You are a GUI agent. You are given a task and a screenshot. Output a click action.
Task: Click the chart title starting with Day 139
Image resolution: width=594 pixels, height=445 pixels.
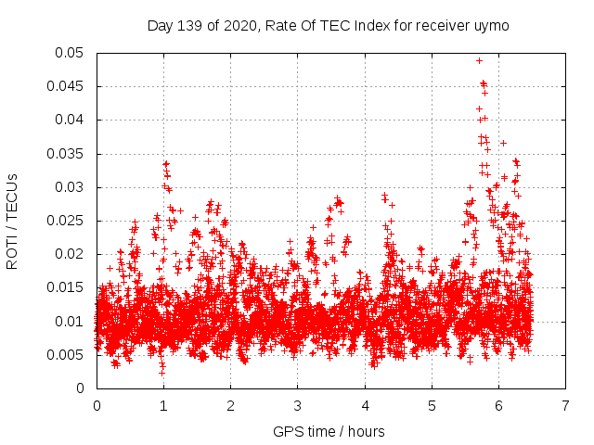(x=328, y=25)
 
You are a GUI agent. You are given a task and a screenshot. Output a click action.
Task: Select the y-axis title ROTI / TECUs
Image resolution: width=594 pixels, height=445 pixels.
(x=12, y=221)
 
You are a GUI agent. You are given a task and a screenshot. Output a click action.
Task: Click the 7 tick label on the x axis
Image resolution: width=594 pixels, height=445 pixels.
(x=565, y=406)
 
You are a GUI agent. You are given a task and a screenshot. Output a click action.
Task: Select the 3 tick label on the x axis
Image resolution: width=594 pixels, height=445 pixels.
(x=297, y=406)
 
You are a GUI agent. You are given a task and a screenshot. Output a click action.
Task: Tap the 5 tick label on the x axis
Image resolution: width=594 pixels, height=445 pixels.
(x=432, y=406)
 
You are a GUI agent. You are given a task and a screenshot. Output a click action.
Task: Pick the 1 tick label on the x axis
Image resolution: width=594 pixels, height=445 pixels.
(x=163, y=406)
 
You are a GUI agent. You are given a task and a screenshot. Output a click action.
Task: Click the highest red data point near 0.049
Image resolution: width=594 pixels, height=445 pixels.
(x=479, y=60)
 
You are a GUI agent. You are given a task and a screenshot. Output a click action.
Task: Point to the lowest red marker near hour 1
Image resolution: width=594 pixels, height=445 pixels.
(x=161, y=373)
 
